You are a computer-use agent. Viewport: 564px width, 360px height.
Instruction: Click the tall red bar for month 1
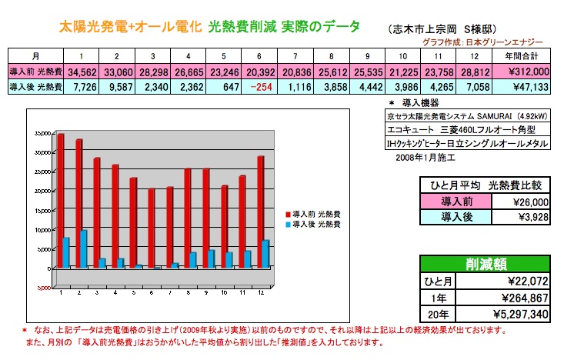[60, 200]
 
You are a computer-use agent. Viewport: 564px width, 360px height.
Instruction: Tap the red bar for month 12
[262, 212]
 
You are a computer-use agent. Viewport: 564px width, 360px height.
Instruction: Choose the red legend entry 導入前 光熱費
[315, 213]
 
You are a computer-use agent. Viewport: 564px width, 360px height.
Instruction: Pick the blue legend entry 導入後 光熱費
[315, 224]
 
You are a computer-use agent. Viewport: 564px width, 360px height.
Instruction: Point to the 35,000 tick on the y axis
[42, 133]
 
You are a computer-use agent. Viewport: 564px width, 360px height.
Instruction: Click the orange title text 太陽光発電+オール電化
[130, 28]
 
